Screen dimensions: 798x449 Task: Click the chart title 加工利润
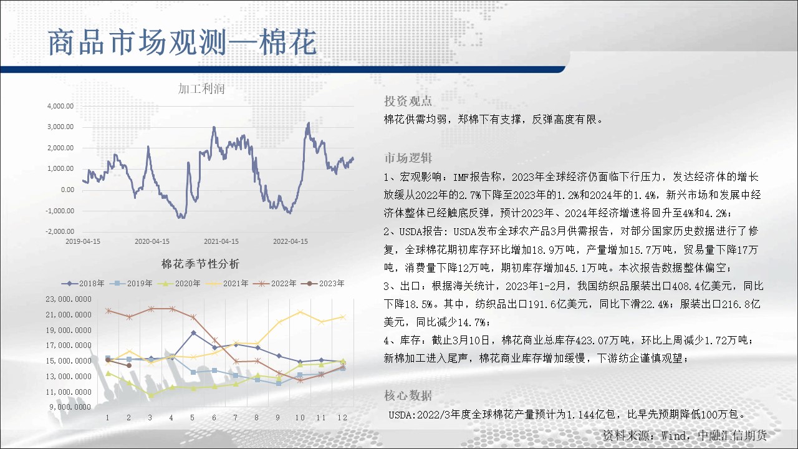coord(201,89)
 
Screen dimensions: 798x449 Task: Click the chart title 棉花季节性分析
coord(200,264)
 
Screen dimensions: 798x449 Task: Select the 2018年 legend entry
coord(83,284)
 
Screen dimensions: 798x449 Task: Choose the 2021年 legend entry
coord(227,284)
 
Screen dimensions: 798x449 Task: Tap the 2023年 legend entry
coord(323,284)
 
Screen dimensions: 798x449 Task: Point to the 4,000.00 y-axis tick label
coord(60,106)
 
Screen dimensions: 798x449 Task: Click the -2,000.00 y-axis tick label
coord(60,231)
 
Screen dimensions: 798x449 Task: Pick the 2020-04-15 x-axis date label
coord(152,241)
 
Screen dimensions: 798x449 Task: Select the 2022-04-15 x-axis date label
coord(291,241)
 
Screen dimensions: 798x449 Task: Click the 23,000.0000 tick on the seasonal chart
coord(69,299)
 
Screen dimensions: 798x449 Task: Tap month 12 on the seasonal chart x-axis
coord(342,418)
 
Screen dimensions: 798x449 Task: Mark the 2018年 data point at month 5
coord(193,333)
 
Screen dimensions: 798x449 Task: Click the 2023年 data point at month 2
coord(129,365)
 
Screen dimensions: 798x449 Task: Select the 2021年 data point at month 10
coord(300,312)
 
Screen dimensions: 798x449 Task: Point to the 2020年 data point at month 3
coord(151,395)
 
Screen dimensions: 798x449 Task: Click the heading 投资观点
coord(408,101)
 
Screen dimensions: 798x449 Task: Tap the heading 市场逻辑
coord(408,158)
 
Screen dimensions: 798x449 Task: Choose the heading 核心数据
coord(408,395)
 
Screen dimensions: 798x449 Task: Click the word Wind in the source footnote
coord(673,435)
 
